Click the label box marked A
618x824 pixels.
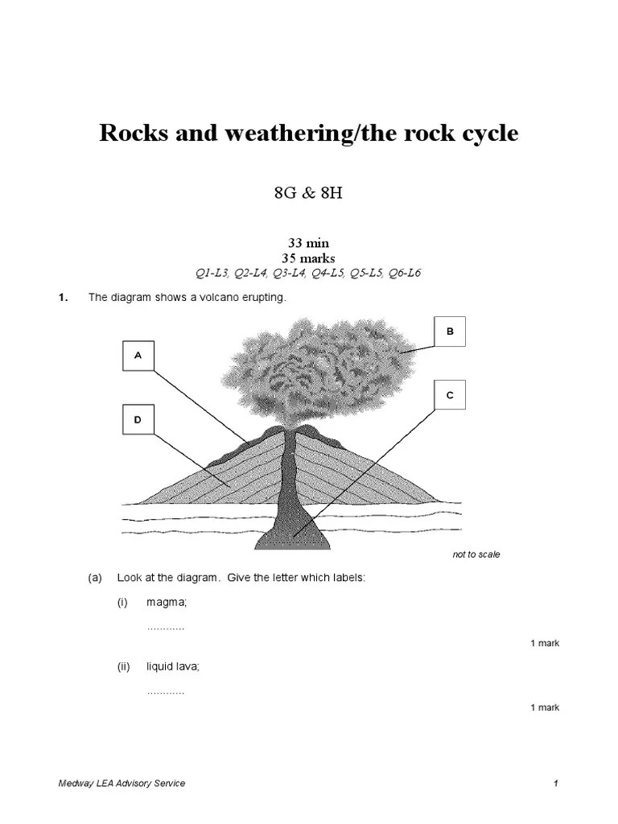coord(138,356)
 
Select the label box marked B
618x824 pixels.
coord(450,331)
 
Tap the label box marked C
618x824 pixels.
coord(450,395)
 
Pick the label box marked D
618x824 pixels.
coord(138,420)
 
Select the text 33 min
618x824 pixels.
coord(309,242)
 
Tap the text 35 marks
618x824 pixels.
coord(309,257)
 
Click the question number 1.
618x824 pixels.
coord(61,298)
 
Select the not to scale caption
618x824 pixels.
coord(476,554)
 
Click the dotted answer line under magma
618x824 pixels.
coord(166,627)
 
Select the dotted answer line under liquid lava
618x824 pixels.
coord(166,691)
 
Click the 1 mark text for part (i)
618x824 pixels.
coord(545,643)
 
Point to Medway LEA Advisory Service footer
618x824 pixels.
coord(122,784)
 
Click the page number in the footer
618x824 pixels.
coord(556,784)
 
